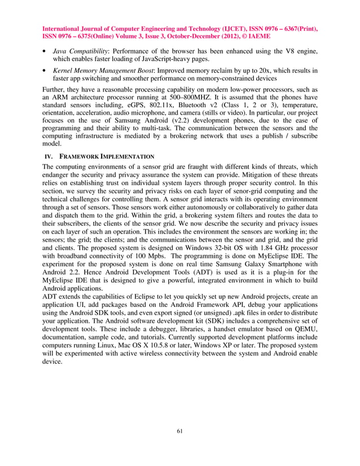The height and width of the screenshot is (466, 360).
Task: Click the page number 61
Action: pyautogui.click(x=179, y=432)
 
